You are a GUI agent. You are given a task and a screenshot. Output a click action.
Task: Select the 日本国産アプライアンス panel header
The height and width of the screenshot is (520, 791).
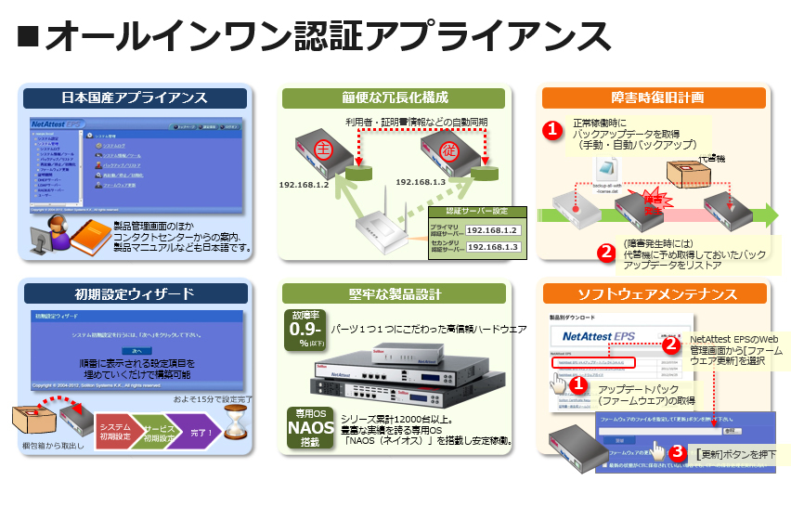pyautogui.click(x=135, y=97)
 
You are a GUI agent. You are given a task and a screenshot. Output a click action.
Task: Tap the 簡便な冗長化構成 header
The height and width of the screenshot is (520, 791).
pyautogui.click(x=395, y=97)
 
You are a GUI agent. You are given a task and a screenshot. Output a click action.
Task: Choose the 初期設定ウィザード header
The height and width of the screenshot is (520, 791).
pyautogui.click(x=135, y=294)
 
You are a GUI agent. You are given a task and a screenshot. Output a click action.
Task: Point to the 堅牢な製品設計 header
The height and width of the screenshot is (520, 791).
pyautogui.click(x=395, y=294)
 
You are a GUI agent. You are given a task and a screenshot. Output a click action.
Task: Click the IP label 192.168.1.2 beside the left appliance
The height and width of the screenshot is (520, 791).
pyautogui.click(x=305, y=185)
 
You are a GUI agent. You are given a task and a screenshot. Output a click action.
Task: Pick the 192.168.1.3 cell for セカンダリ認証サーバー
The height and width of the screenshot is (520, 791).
pyautogui.click(x=492, y=247)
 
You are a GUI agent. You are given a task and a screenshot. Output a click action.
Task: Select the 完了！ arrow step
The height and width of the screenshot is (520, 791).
pyautogui.click(x=199, y=431)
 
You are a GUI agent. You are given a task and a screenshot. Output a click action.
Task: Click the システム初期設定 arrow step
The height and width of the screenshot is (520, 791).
pyautogui.click(x=116, y=431)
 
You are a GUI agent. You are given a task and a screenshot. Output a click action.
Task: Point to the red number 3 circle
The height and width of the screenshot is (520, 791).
pyautogui.click(x=679, y=453)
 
